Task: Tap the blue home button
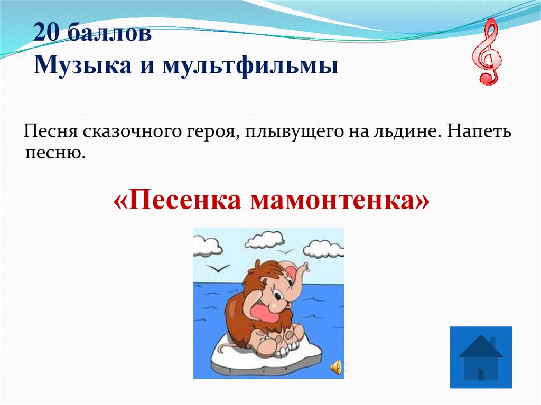(x=481, y=357)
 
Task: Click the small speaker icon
(x=335, y=368)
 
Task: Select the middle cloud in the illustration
(x=265, y=240)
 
